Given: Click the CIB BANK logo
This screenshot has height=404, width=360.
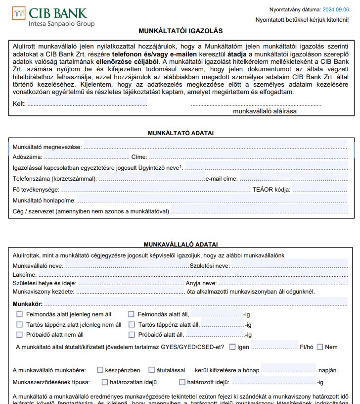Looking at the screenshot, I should (x=53, y=17).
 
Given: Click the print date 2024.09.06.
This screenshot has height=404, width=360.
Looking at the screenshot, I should (x=336, y=9).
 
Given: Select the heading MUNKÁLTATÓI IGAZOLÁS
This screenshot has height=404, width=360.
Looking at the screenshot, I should (x=180, y=31).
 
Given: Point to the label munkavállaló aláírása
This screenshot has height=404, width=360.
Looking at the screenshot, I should (x=265, y=111).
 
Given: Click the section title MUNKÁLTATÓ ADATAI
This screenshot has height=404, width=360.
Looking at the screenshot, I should (x=180, y=133).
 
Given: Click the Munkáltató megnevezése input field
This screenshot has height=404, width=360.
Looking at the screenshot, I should (x=215, y=147).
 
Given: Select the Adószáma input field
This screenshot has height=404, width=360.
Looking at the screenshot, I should (x=85, y=157).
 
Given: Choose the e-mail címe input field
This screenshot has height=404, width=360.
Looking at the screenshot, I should (x=293, y=179).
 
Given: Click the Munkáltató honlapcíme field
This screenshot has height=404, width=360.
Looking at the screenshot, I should (x=212, y=201).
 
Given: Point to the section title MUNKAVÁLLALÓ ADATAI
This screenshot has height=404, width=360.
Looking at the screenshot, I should (x=180, y=245).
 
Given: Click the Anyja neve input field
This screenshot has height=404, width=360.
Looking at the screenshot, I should (x=282, y=283).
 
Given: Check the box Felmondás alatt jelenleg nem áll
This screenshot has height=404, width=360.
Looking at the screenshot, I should (x=20, y=314).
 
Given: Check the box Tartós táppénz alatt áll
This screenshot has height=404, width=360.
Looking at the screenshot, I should (x=131, y=325).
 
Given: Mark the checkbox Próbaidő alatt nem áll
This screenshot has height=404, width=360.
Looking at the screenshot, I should (x=20, y=335).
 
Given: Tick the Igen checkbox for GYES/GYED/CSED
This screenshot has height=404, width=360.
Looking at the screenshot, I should (x=232, y=347).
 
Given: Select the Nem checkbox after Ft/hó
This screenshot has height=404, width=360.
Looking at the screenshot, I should (x=319, y=347).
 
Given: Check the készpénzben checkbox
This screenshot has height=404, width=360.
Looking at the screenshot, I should (x=100, y=370).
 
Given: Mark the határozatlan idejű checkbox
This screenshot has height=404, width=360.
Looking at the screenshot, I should (x=105, y=382).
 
